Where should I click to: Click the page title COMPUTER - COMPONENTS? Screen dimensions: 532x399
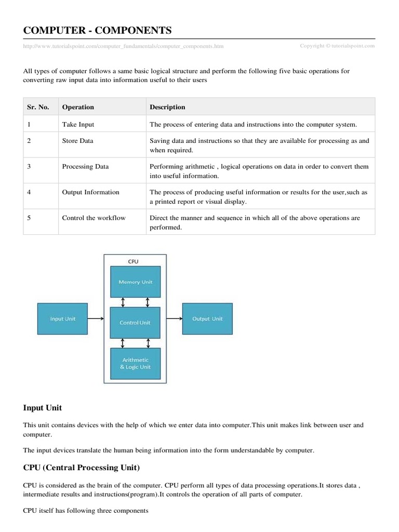tap(97, 30)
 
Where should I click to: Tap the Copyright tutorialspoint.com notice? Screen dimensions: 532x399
tap(337, 46)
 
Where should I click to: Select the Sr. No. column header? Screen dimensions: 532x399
tap(38, 107)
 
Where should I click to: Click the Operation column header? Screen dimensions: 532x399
tap(78, 107)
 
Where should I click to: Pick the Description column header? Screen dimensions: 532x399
tap(167, 107)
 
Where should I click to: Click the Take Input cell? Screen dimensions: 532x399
tap(78, 125)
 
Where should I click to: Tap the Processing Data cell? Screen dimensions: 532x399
tap(85, 167)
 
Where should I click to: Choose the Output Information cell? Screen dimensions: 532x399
tap(90, 192)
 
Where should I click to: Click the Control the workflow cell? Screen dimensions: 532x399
tap(94, 218)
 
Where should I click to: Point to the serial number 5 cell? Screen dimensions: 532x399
tap(29, 218)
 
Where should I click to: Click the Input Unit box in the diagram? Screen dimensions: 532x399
tap(62, 319)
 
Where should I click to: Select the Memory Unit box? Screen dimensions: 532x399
tap(135, 282)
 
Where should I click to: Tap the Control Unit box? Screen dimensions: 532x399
tap(135, 322)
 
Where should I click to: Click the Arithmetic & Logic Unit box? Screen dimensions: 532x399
tap(135, 363)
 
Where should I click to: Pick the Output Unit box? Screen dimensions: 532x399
tap(207, 319)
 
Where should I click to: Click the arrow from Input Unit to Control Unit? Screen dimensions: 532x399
tap(97, 319)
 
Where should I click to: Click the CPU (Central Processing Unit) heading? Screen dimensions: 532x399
tap(82, 468)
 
